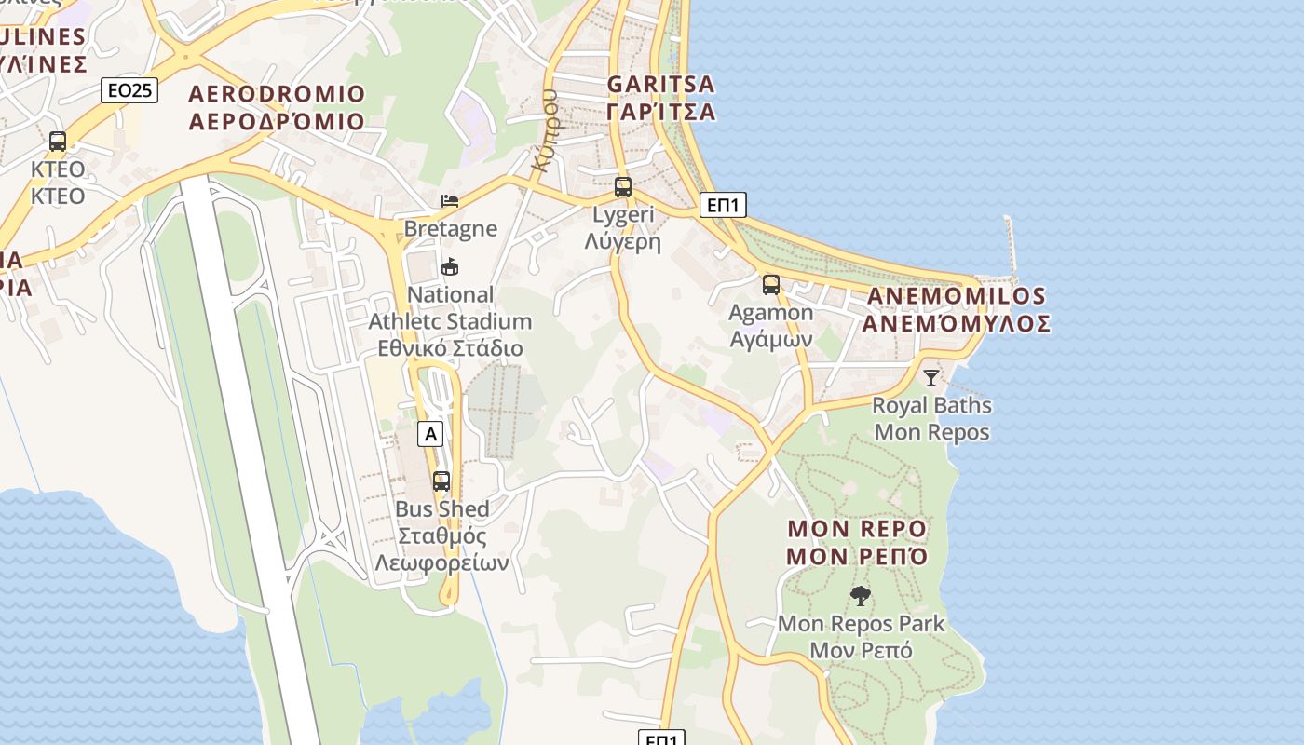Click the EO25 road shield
tap(129, 90)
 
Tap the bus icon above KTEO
tap(58, 142)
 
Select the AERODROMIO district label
tap(277, 107)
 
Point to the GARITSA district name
tap(660, 98)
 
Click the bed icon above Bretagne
tap(450, 200)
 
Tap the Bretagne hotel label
tap(450, 228)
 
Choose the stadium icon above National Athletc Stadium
tap(450, 267)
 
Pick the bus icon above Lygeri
tap(623, 187)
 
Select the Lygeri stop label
tap(623, 228)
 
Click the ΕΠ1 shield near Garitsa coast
tap(723, 205)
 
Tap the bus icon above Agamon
tap(771, 285)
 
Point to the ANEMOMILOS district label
tap(956, 309)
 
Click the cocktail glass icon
tap(930, 377)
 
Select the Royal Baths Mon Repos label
tap(931, 419)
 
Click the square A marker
tap(429, 433)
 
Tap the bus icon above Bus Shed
tap(441, 481)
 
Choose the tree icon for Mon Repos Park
tap(861, 596)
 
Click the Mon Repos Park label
tap(861, 637)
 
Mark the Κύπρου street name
tap(546, 130)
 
